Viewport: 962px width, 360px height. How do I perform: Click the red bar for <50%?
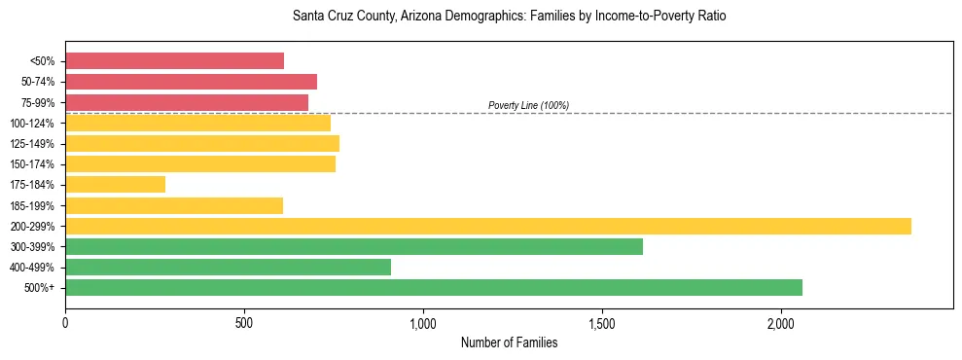coord(174,61)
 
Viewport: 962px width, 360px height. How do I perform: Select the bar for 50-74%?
coord(191,82)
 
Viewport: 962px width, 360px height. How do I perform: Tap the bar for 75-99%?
coord(187,102)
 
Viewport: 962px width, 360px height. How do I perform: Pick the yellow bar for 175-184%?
coord(115,184)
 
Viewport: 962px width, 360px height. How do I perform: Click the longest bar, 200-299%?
coord(487,226)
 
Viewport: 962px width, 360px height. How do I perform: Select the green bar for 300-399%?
coord(354,246)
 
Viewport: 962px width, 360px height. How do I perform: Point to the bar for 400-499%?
coord(228,267)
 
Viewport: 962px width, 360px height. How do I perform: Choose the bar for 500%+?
coord(433,287)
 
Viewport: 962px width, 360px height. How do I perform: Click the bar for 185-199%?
coord(174,205)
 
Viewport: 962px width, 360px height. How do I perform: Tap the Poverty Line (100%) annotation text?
coord(528,105)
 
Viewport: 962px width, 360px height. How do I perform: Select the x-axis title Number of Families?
coord(509,342)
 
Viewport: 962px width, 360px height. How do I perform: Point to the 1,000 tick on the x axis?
coord(423,323)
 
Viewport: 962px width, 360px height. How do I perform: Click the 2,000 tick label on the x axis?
coord(781,323)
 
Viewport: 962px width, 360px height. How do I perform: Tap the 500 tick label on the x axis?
coord(244,323)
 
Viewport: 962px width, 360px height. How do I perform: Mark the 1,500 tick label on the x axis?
coord(602,323)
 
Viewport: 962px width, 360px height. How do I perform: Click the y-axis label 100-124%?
coord(32,124)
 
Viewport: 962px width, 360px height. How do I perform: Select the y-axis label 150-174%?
coord(32,164)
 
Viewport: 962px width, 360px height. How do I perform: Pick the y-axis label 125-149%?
coord(32,144)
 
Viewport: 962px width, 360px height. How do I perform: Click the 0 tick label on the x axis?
coord(65,323)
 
